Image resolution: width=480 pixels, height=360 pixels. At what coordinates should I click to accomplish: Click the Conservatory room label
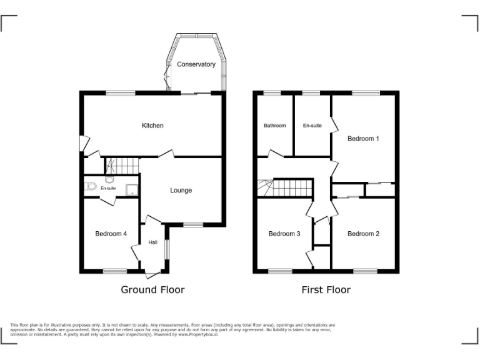(196, 64)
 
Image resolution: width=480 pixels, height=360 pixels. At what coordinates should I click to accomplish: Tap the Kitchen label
(152, 126)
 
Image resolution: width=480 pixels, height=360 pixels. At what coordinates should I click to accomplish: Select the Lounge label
(181, 190)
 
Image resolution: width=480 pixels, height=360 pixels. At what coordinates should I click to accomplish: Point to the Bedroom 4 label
(111, 234)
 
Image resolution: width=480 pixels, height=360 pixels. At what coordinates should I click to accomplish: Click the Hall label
(153, 242)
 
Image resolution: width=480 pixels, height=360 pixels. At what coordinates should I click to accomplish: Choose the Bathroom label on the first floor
(274, 126)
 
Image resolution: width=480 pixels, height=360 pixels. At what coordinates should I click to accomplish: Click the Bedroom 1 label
(363, 138)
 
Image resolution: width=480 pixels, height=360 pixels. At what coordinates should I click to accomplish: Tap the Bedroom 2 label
(363, 234)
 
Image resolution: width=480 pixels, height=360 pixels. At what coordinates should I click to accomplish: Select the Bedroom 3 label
(284, 234)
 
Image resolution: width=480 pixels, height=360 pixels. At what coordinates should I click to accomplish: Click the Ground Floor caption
(152, 289)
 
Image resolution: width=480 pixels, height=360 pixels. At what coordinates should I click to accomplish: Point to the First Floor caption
(326, 289)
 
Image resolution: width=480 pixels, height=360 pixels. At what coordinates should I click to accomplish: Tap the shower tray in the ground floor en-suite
(132, 189)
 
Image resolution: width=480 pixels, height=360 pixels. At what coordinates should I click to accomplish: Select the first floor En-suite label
(312, 126)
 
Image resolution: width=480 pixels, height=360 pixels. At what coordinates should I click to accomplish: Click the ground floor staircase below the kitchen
(121, 166)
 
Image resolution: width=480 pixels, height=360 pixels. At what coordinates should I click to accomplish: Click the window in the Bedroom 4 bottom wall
(114, 271)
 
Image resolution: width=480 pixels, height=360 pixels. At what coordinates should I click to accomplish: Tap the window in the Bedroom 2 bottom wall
(364, 271)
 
